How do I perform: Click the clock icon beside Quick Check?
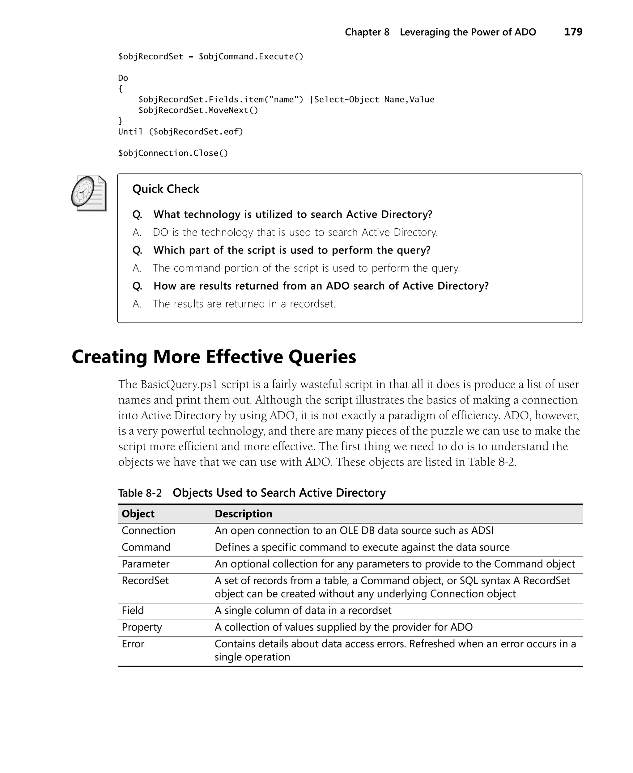click(x=89, y=193)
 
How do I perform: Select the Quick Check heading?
click(x=166, y=189)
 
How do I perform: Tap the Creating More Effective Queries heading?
click(x=214, y=357)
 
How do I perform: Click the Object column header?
click(x=138, y=514)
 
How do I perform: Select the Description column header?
click(x=243, y=514)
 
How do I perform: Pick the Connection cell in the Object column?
click(x=148, y=531)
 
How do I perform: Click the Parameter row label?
click(x=146, y=564)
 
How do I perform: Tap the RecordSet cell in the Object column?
click(x=145, y=581)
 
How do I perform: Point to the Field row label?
click(x=133, y=611)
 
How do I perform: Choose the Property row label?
click(x=142, y=627)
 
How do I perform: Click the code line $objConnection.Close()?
click(x=173, y=153)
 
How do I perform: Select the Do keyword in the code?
click(x=123, y=78)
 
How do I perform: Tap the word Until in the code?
click(x=130, y=132)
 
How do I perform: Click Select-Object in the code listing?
click(x=346, y=100)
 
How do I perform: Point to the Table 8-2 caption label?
click(x=140, y=493)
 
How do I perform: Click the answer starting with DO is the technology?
click(x=295, y=232)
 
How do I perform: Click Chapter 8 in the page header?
click(x=367, y=32)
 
